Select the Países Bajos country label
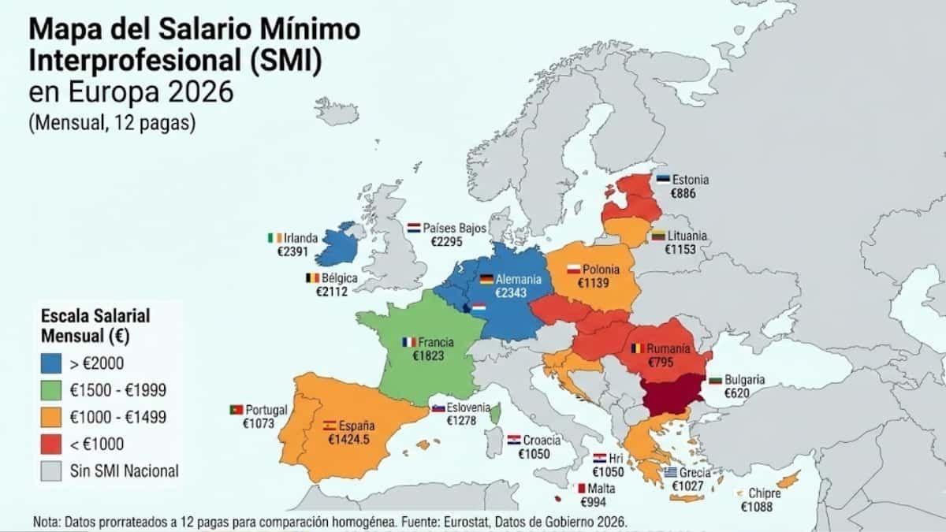(x=455, y=228)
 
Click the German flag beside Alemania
(x=486, y=279)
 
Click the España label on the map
(x=356, y=425)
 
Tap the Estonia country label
(x=690, y=180)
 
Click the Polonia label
(x=601, y=270)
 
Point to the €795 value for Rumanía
(x=661, y=363)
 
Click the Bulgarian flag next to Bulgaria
(x=716, y=380)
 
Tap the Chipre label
(x=765, y=493)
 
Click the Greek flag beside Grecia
(x=670, y=473)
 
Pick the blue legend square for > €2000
(x=50, y=363)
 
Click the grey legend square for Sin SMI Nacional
(x=50, y=471)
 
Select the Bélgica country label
(x=340, y=278)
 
